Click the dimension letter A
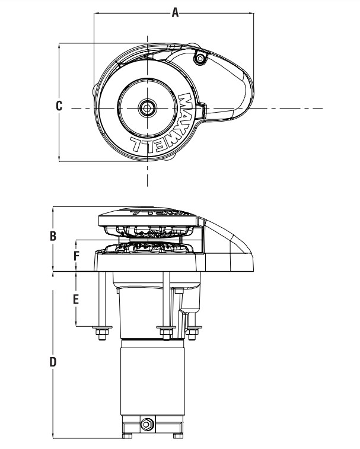[175, 12]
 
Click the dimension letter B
[53, 236]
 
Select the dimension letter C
[59, 106]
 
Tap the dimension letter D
[53, 362]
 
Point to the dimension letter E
[76, 300]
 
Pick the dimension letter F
[76, 256]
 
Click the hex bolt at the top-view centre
[147, 108]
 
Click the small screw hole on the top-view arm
[200, 59]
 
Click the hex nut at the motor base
[147, 424]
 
